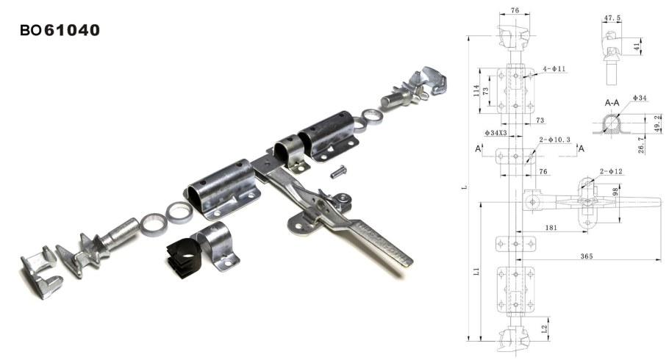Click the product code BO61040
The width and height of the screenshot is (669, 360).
pos(60,30)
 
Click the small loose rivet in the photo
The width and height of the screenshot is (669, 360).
pos(338,171)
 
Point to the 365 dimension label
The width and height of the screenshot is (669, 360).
pos(586,256)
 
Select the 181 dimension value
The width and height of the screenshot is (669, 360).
pos(551,227)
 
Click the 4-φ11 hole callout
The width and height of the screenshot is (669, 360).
pos(554,68)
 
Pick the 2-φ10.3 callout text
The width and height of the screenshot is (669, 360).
pos(554,140)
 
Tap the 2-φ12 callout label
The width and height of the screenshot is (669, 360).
pos(611,171)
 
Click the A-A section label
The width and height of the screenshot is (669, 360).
pos(612,103)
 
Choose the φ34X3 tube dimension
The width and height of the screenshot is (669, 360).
pos(496,133)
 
